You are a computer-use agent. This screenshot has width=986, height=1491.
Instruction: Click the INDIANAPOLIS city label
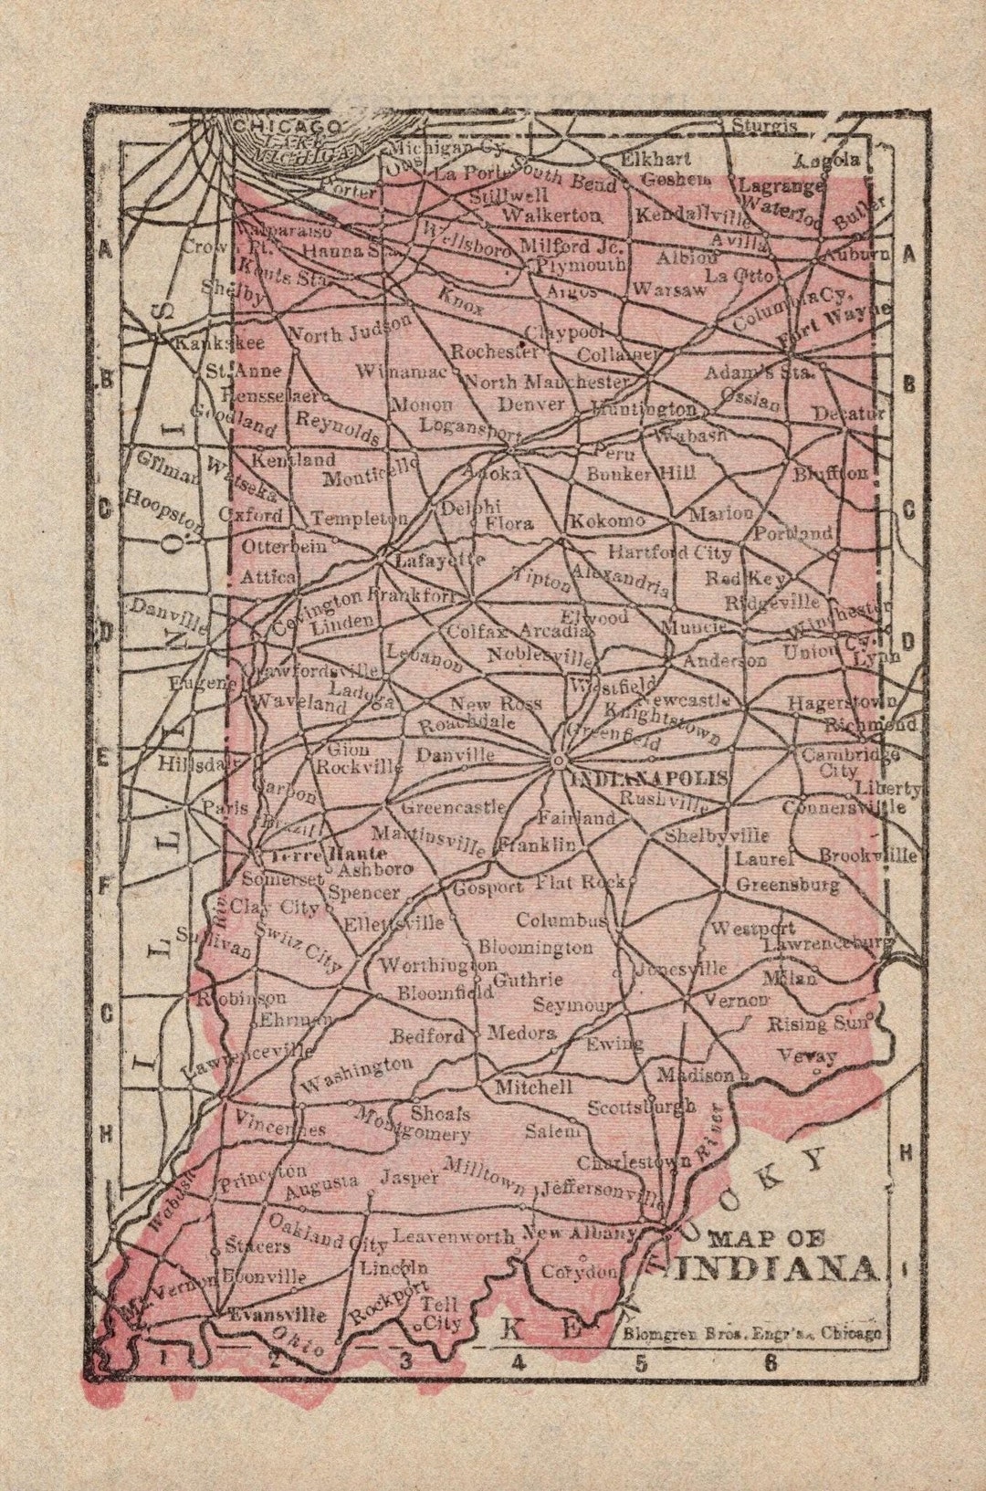tap(648, 778)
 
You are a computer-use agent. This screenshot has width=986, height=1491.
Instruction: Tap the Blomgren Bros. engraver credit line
tap(752, 1333)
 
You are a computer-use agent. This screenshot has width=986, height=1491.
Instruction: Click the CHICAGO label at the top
tap(286, 127)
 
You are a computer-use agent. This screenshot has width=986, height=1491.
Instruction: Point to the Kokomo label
tap(607, 521)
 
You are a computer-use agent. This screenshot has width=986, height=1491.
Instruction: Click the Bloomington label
tap(536, 947)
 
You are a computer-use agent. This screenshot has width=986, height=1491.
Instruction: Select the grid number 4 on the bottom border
tap(519, 1363)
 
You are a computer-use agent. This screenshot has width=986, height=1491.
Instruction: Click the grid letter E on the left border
tap(103, 757)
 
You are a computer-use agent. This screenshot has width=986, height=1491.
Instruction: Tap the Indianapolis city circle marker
tap(559, 759)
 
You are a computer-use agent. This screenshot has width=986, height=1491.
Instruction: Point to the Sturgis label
tap(763, 126)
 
